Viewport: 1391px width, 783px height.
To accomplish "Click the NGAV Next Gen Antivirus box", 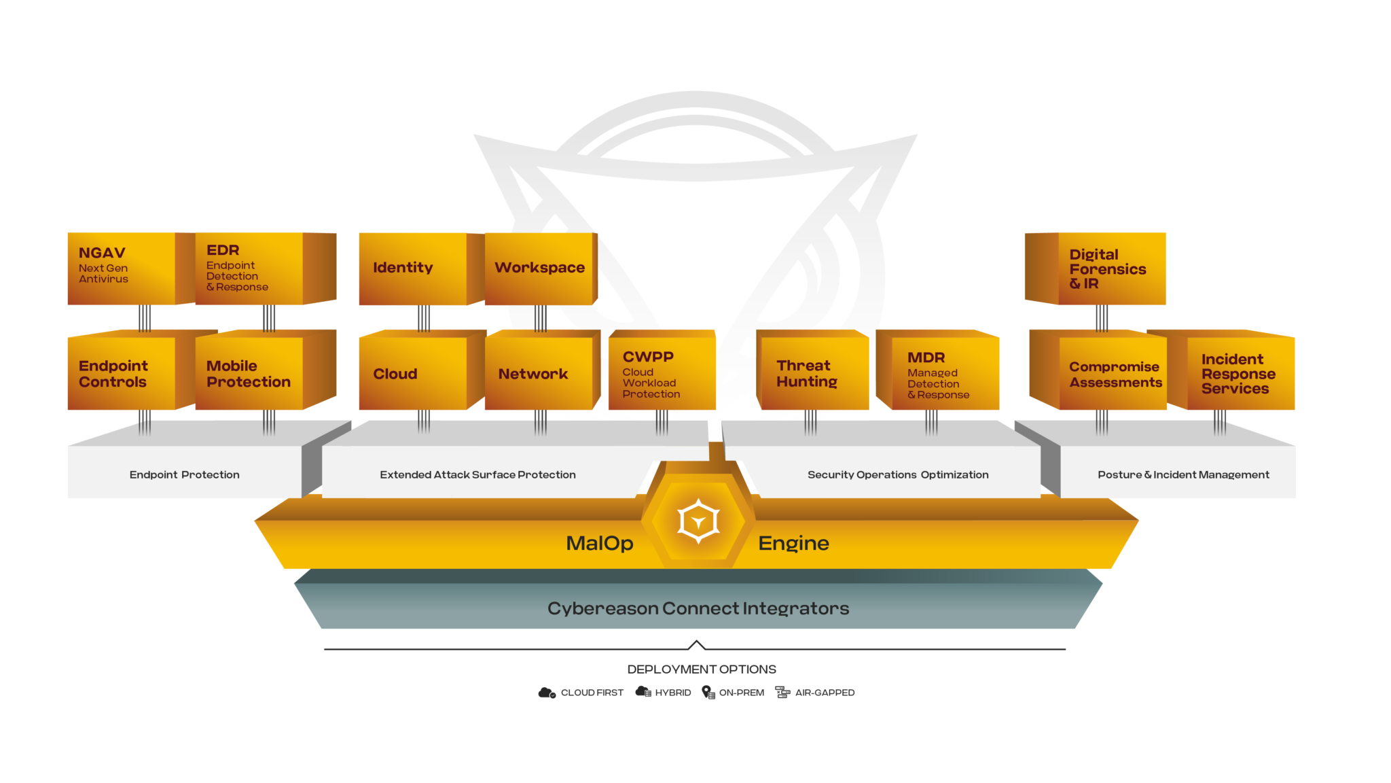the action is (122, 268).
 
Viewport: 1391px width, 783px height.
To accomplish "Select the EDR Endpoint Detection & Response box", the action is (266, 268).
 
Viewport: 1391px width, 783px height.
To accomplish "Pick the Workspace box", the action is (541, 268).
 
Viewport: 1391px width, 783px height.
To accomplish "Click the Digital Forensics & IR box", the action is (1095, 268).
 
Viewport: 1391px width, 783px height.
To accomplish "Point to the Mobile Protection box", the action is (266, 370).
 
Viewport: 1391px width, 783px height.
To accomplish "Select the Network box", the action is (543, 370).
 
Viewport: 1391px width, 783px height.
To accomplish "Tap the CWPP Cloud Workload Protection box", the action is (662, 370).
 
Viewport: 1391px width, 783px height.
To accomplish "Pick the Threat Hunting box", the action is (812, 370).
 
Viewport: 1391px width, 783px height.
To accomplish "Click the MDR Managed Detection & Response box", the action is (937, 370).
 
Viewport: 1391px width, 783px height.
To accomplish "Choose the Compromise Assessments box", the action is (1098, 370).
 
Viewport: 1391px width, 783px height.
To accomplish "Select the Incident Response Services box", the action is (1229, 370).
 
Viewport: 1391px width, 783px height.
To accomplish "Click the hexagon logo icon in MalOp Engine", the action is (698, 521).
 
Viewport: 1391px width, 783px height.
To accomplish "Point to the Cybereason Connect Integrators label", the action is (698, 608).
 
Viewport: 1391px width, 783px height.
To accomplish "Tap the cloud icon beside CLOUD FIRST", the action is (547, 693).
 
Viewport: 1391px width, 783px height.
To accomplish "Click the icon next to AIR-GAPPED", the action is (782, 692).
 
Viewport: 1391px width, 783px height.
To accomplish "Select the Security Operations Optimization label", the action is (898, 474).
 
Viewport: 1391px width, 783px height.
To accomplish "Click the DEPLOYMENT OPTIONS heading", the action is (702, 669).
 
